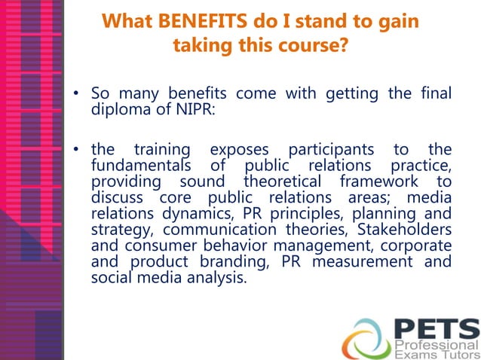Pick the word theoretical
click(x=286, y=182)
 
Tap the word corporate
click(x=418, y=245)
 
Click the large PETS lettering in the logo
click(x=437, y=328)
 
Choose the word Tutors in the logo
click(x=457, y=354)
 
